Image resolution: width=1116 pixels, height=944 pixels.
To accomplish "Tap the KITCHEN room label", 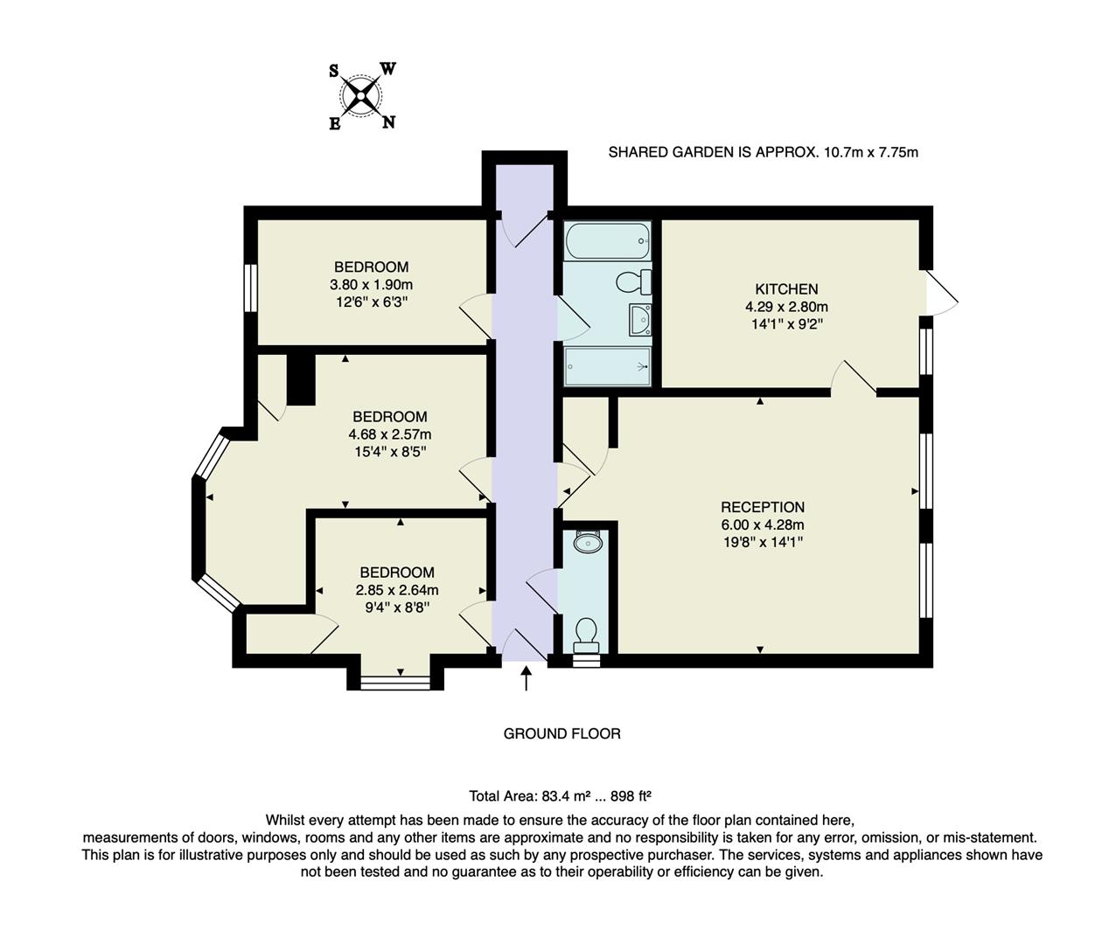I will point(786,289).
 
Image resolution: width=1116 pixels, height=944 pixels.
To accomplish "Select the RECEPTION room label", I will point(762,507).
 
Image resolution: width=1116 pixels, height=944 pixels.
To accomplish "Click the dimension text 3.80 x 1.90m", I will point(371,285).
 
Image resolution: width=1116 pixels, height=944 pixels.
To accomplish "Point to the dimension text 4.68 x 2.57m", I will point(389,434).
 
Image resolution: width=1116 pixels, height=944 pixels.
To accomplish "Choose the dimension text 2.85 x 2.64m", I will point(396,590).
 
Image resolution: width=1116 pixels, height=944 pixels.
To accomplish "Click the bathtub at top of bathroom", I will point(608,240).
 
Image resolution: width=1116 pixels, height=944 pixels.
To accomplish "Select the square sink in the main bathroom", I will point(640,320).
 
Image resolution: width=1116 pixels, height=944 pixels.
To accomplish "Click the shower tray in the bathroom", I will point(608,365).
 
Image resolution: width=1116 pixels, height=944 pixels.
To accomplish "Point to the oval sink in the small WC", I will point(587,543).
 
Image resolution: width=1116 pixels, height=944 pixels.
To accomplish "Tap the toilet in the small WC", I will point(587,635).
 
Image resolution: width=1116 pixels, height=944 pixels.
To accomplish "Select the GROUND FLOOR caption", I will point(561,734).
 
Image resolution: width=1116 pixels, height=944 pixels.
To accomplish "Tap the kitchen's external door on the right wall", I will point(941,292).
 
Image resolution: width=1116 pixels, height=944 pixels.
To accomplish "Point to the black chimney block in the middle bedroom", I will point(301,378).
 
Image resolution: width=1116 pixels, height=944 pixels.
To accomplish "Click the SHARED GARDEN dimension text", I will point(763,152).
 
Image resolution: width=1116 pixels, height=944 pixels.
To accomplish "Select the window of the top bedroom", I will point(250,288).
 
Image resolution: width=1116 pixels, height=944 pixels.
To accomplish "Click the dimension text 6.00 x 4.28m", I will point(762,525).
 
